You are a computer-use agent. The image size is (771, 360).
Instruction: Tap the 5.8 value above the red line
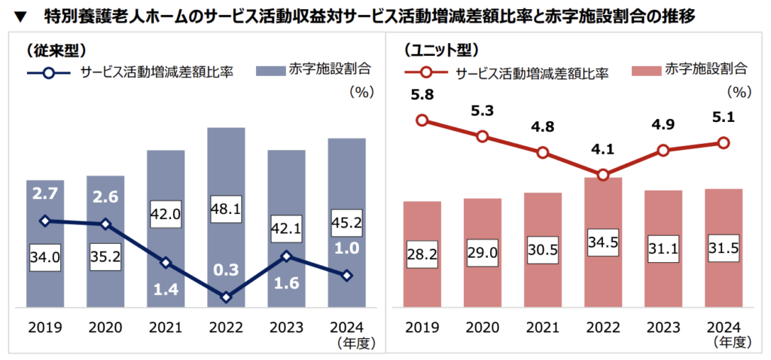click(x=422, y=96)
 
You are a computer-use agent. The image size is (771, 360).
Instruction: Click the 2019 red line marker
click(x=422, y=120)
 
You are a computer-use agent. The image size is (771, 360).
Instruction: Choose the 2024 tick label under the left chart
click(x=347, y=328)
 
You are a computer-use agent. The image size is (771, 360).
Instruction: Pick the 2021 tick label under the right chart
click(x=542, y=328)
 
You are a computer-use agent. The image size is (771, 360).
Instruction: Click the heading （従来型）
click(x=54, y=50)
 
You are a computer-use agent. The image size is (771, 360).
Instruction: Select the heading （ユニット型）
click(x=440, y=50)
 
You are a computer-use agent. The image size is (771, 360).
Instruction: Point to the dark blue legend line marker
click(x=49, y=74)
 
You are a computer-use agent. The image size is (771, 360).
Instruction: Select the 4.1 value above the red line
click(x=602, y=150)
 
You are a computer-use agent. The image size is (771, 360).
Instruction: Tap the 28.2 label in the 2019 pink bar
click(x=422, y=252)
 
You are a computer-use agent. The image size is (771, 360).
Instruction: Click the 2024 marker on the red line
click(x=724, y=142)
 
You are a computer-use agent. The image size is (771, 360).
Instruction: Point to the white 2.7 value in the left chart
click(x=44, y=194)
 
